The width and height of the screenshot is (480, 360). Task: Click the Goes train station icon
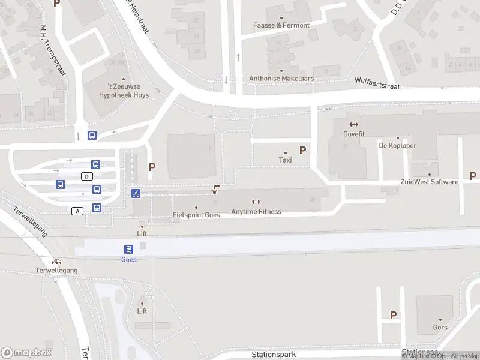(128, 249)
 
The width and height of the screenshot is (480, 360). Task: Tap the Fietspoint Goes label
(196, 215)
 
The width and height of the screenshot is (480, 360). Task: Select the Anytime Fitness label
(256, 211)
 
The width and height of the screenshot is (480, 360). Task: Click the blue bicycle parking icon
(136, 193)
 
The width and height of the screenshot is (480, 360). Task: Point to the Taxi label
(285, 160)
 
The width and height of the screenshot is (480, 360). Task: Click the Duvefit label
(353, 134)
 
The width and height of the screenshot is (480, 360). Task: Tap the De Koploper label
(397, 145)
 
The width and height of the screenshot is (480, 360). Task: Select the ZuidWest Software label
(429, 182)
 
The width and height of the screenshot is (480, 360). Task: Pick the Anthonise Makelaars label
(281, 79)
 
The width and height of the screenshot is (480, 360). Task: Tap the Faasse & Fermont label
(281, 25)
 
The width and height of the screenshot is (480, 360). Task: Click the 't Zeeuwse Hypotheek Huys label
(124, 91)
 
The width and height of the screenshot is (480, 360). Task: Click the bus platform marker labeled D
(88, 176)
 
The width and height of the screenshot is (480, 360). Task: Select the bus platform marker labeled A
(77, 211)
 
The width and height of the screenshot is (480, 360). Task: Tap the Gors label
(440, 328)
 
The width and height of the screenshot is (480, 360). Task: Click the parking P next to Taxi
(303, 151)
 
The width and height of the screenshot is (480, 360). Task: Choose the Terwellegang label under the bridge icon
(56, 271)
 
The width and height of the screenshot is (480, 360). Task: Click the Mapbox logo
(26, 353)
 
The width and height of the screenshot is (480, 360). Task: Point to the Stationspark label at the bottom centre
(274, 355)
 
